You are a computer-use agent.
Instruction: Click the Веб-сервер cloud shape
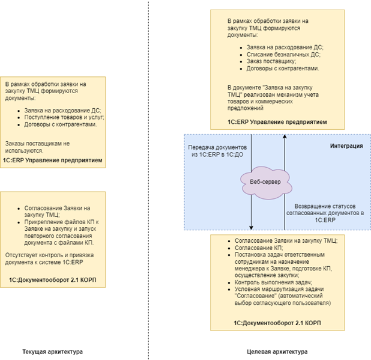point(264,180)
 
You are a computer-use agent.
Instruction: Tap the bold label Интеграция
point(346,146)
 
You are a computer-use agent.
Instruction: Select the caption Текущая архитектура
point(52,351)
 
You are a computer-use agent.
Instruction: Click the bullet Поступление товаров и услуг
point(60,117)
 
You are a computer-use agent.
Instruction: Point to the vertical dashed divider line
point(148,180)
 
